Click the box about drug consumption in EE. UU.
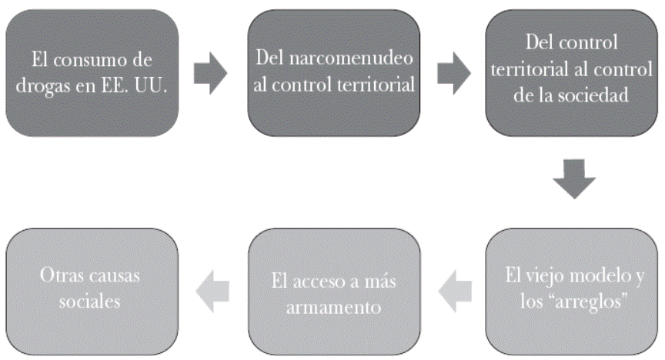point(92,72)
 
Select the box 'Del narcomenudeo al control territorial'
point(333,72)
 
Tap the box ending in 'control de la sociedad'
point(573,72)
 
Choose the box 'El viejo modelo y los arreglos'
point(573,289)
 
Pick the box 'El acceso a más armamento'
point(333,289)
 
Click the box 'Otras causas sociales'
point(92,289)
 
